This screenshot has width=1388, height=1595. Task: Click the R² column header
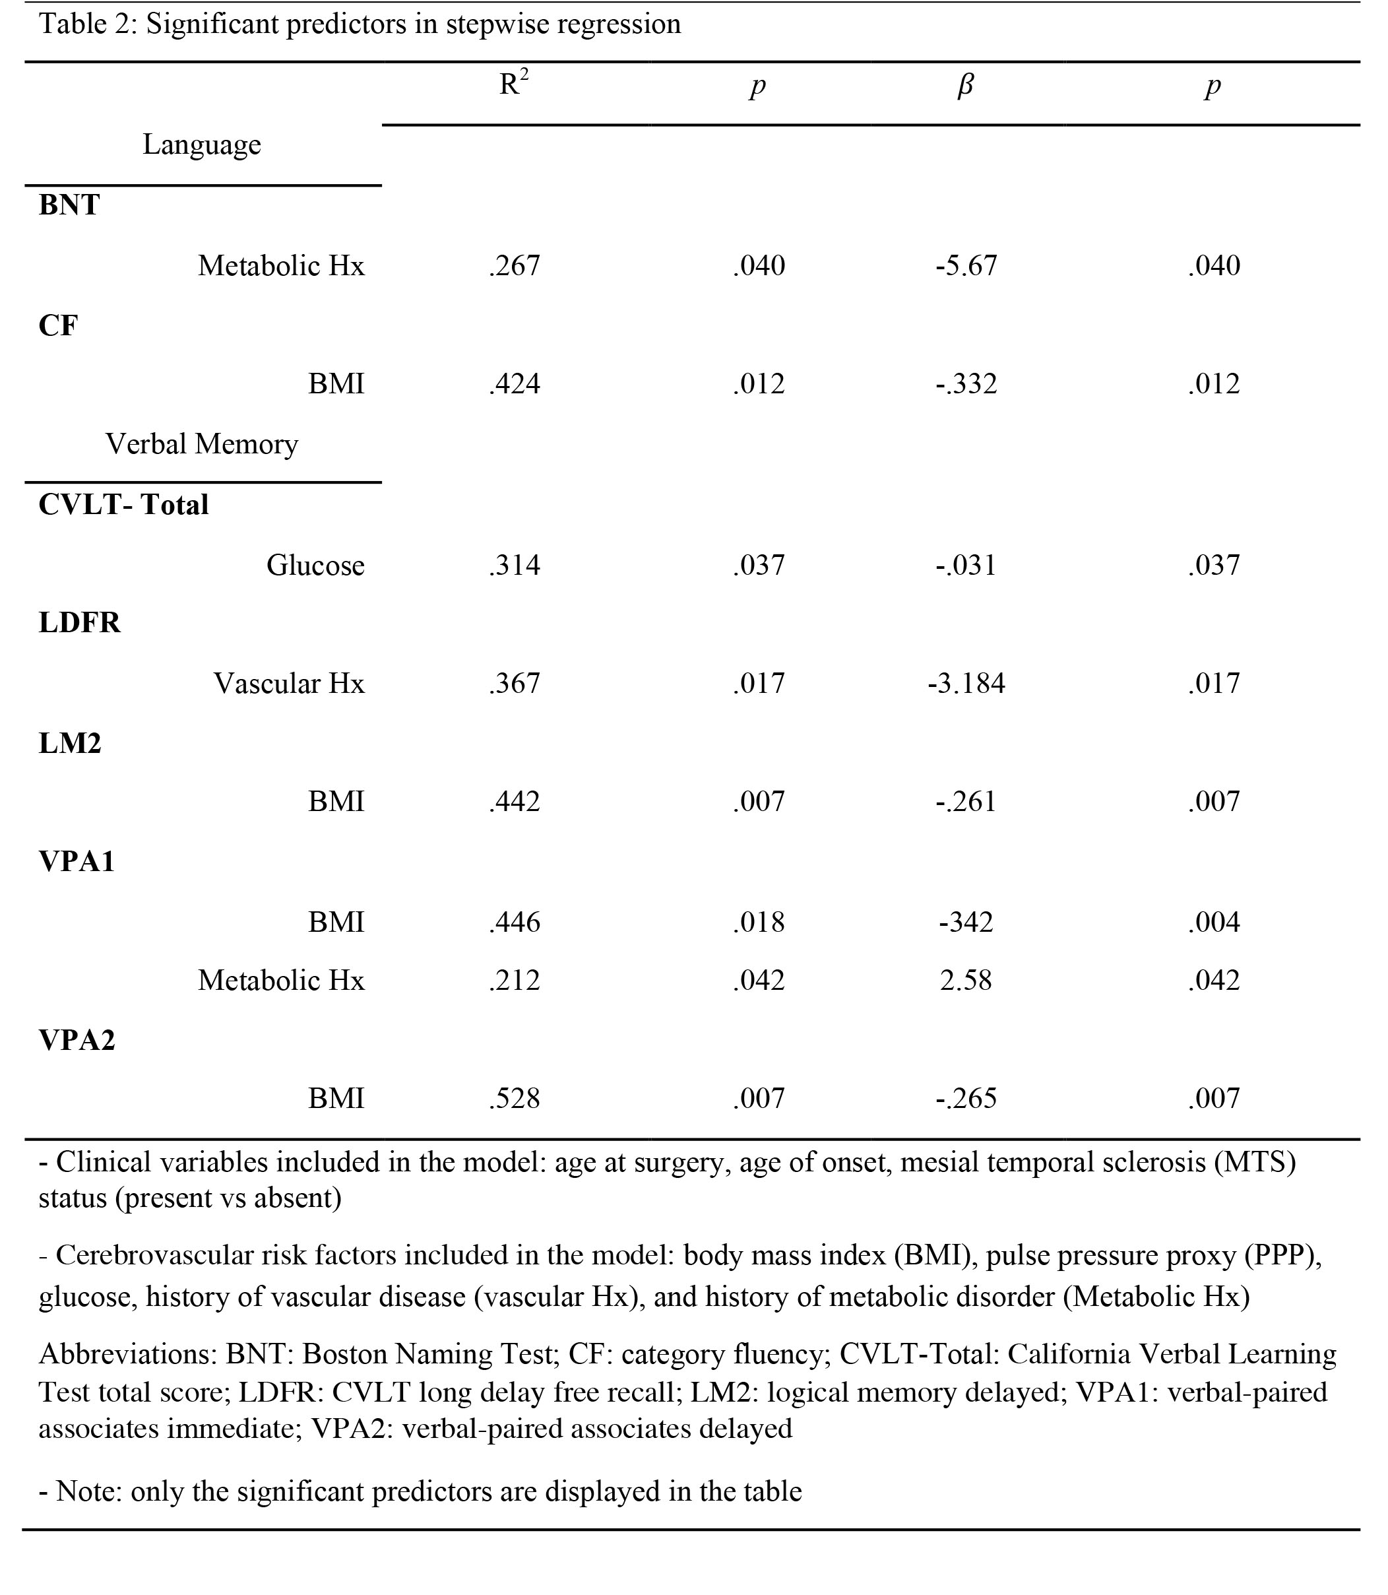point(513,84)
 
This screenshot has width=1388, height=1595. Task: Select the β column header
point(965,85)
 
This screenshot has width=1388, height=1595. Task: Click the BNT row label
point(69,205)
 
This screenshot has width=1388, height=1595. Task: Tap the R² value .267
point(515,266)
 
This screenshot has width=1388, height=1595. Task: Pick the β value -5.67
point(966,266)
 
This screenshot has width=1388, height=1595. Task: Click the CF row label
point(58,325)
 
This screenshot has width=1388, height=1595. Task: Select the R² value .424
point(515,384)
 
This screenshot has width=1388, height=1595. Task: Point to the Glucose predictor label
point(315,566)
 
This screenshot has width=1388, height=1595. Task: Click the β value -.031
point(966,566)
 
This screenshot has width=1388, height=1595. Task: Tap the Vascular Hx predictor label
point(289,683)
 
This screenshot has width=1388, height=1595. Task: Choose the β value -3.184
point(966,683)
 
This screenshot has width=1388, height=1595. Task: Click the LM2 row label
point(70,744)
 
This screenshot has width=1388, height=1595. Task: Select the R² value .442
point(515,801)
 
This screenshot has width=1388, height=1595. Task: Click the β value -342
point(966,922)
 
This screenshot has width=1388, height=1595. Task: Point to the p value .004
point(1214,922)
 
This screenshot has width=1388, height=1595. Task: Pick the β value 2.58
point(966,981)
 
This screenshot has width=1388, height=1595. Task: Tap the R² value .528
point(515,1099)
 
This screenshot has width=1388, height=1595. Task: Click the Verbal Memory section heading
point(201,445)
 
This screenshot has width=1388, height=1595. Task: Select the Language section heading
point(201,145)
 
